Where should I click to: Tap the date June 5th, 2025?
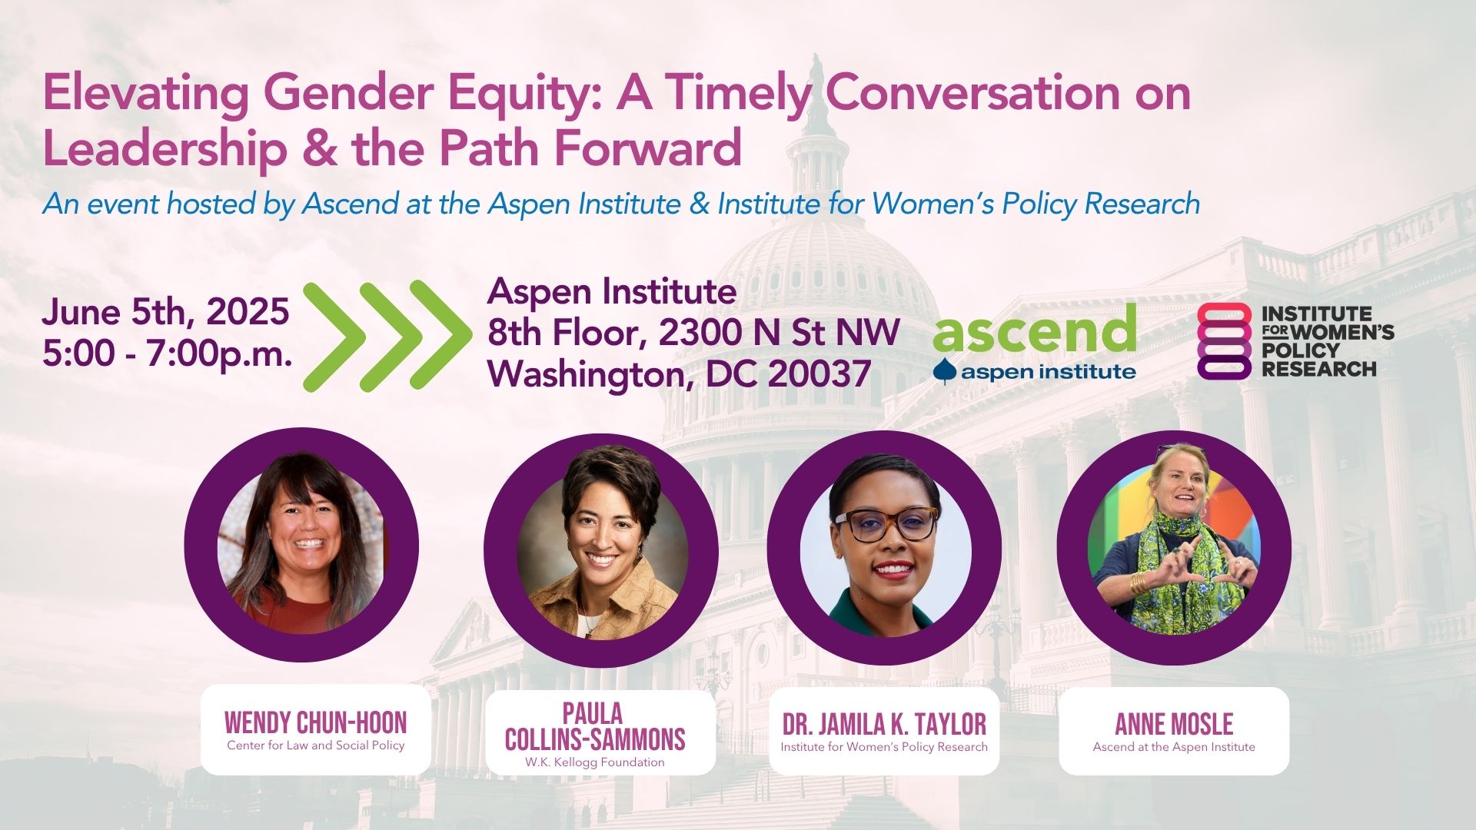[x=165, y=311]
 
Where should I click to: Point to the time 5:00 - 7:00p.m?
[x=168, y=354]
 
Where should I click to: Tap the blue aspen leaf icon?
[x=946, y=372]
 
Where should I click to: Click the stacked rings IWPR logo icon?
[x=1225, y=340]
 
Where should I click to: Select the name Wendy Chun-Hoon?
[x=315, y=722]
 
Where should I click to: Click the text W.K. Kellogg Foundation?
[x=595, y=762]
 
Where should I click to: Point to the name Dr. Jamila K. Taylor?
[x=884, y=724]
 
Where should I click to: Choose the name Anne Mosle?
[x=1174, y=724]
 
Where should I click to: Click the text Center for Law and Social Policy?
[x=315, y=745]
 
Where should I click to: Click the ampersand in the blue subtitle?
[x=699, y=204]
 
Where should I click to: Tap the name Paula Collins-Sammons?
[x=595, y=726]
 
